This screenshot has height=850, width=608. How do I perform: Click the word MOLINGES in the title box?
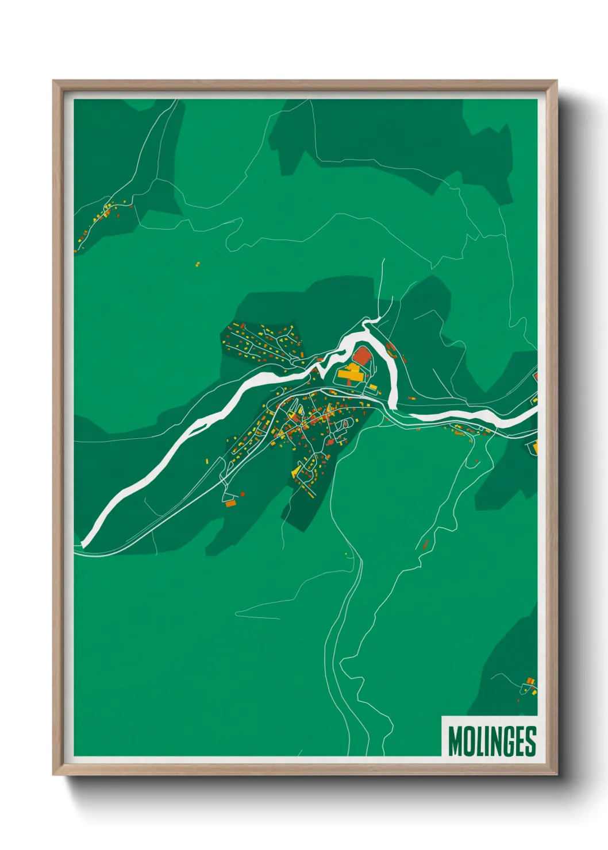pos(492,741)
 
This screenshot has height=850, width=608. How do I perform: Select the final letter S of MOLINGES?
pos(530,741)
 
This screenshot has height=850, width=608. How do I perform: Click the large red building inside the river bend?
pos(361,356)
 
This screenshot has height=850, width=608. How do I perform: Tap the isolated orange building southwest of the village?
pos(230,504)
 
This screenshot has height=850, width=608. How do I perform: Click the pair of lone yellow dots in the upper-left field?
pos(198,264)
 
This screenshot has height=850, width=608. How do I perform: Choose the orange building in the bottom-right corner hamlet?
pos(530,681)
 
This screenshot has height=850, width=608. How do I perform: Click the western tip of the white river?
pos(84,543)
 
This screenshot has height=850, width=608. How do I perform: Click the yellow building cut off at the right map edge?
pos(535,447)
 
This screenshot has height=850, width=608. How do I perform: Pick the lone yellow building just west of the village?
pos(207,461)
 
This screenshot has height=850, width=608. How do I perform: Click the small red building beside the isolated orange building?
pos(243,493)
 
